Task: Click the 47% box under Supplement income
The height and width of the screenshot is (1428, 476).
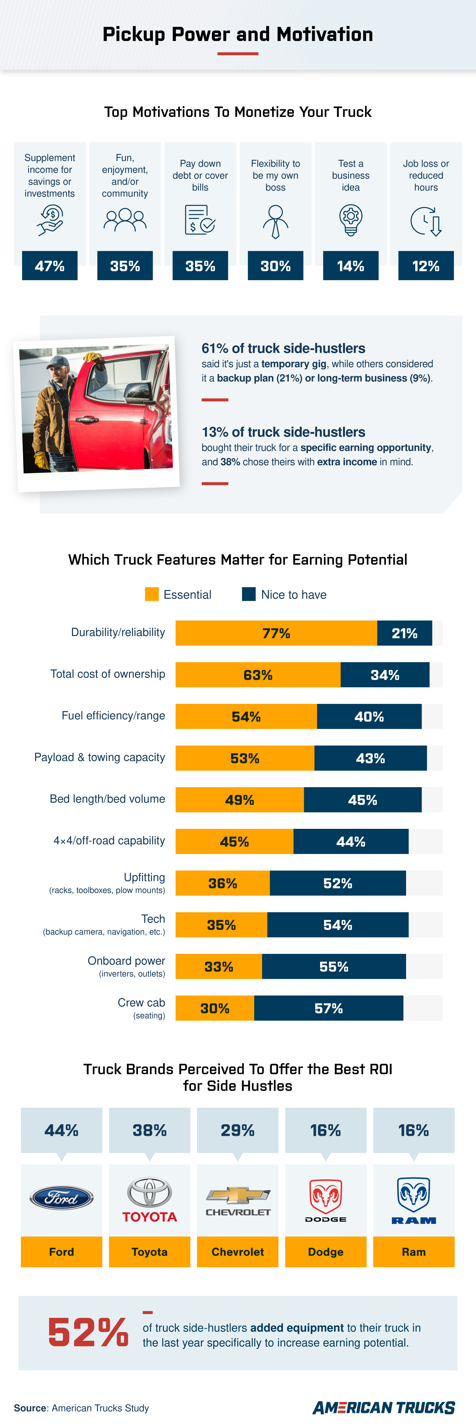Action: pyautogui.click(x=50, y=266)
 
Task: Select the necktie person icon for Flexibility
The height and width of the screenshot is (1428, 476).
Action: pyautogui.click(x=275, y=221)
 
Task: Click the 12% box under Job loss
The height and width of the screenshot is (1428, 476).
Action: pyautogui.click(x=426, y=266)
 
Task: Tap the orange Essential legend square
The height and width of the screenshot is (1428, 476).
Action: pyautogui.click(x=151, y=594)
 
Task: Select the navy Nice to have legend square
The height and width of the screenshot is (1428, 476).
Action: pyautogui.click(x=249, y=594)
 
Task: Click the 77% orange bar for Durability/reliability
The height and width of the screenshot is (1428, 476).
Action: pyautogui.click(x=276, y=633)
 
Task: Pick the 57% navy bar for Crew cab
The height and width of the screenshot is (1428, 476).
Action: pyautogui.click(x=329, y=1008)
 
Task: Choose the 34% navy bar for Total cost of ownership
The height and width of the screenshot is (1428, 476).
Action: pyautogui.click(x=385, y=675)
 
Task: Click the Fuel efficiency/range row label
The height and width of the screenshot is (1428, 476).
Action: pyautogui.click(x=113, y=716)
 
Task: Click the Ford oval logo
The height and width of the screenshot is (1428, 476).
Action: pyautogui.click(x=62, y=1198)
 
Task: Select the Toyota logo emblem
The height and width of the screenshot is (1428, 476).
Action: pyautogui.click(x=150, y=1192)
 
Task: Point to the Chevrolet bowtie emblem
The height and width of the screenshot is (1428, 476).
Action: pyautogui.click(x=238, y=1195)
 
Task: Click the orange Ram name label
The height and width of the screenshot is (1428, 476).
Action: pyautogui.click(x=414, y=1252)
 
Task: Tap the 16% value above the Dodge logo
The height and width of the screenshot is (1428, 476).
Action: pyautogui.click(x=325, y=1130)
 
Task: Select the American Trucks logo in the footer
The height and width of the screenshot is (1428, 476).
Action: pyautogui.click(x=383, y=1407)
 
